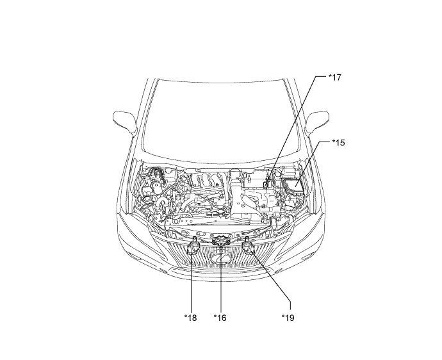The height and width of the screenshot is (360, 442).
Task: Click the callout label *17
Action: click(x=335, y=78)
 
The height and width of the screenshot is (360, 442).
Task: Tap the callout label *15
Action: click(x=338, y=143)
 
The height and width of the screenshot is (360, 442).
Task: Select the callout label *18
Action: click(x=190, y=318)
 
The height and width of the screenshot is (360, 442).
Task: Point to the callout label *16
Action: click(x=220, y=318)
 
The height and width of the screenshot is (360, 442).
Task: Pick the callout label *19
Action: click(x=288, y=318)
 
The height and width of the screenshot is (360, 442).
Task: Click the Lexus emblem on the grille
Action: click(x=221, y=258)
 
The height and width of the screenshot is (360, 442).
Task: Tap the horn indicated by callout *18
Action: click(x=193, y=247)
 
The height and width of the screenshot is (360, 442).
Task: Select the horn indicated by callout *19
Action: click(x=249, y=246)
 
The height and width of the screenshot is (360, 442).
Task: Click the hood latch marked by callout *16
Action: click(x=221, y=240)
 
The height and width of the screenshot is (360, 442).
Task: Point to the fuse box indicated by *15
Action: click(x=293, y=186)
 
